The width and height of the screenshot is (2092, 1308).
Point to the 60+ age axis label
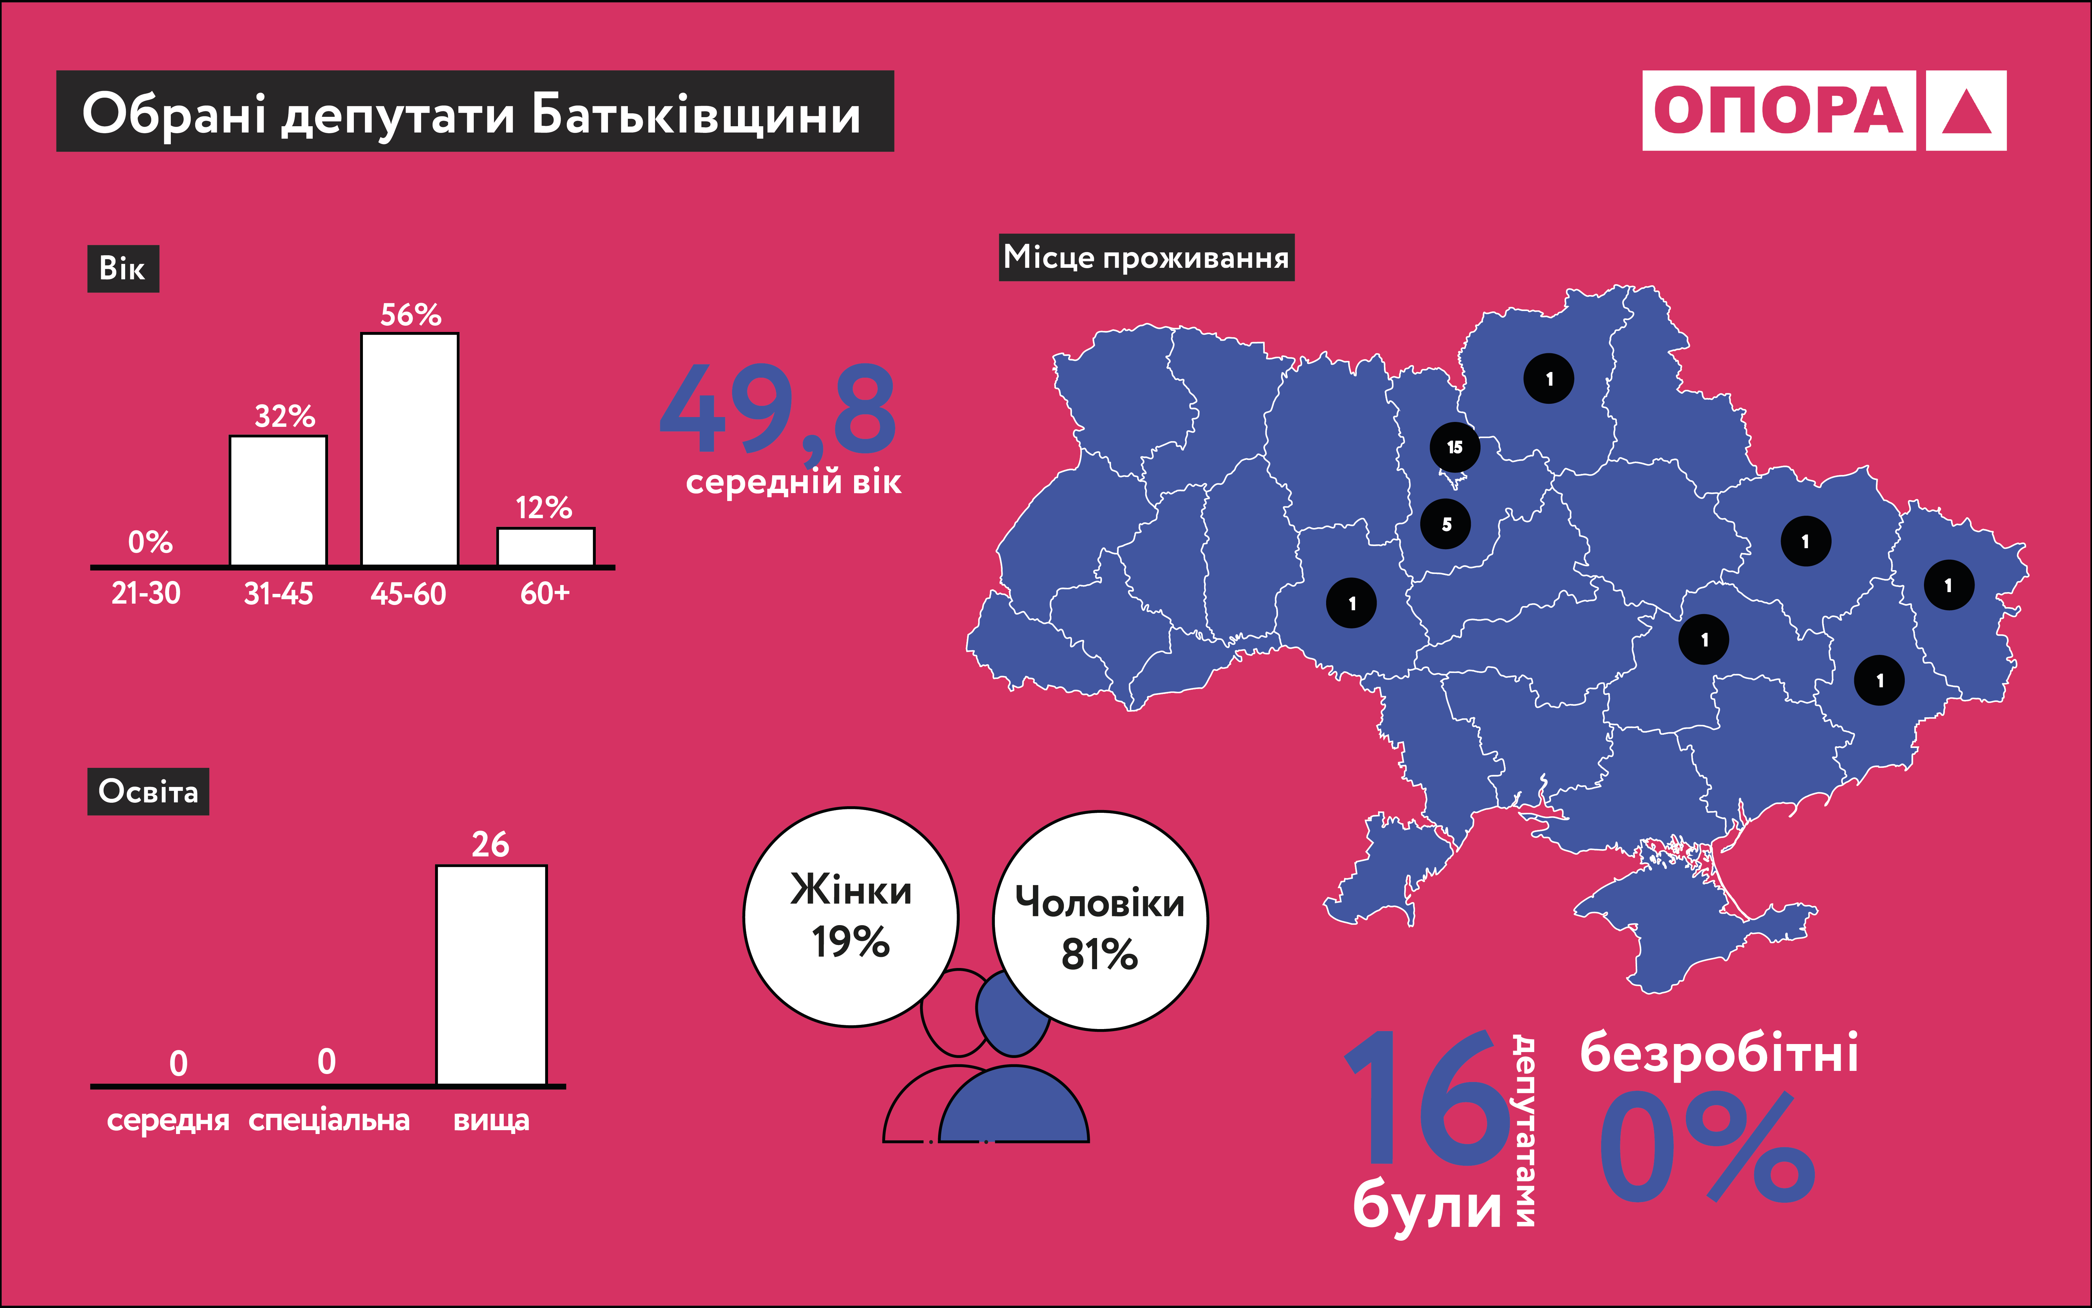[x=545, y=593]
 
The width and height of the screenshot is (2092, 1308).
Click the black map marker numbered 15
[x=1455, y=447]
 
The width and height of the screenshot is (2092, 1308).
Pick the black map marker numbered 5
[x=1446, y=524]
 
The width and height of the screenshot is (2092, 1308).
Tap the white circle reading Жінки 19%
[x=851, y=917]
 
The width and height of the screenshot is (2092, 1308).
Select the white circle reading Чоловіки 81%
[x=1100, y=921]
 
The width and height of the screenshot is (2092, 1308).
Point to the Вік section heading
[x=123, y=268]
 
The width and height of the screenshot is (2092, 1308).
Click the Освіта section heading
[x=148, y=792]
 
